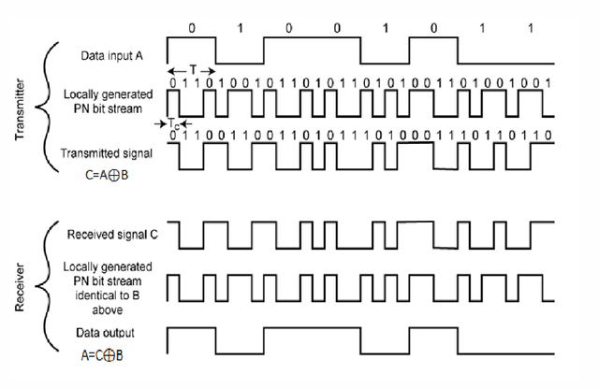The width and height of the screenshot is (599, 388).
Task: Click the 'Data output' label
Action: click(109, 332)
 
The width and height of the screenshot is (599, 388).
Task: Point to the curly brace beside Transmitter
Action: click(45, 103)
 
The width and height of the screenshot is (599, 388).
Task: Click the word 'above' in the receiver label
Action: click(110, 306)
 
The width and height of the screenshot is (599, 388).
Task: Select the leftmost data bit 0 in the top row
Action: click(192, 27)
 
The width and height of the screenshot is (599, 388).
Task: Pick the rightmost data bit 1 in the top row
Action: click(530, 27)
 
